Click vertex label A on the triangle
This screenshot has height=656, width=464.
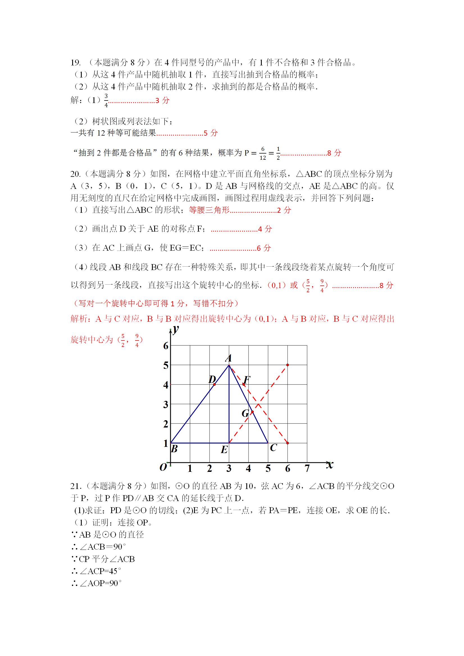(x=228, y=358)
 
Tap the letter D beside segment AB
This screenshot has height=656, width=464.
(x=212, y=380)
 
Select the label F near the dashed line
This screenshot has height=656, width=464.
(x=247, y=380)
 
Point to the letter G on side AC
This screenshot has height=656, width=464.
(x=245, y=413)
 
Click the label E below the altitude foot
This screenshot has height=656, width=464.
(x=224, y=450)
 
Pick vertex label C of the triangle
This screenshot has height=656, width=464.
(x=273, y=447)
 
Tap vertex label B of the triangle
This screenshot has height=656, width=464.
(x=174, y=449)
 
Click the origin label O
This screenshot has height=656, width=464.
(x=163, y=467)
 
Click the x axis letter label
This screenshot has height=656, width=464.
(x=330, y=465)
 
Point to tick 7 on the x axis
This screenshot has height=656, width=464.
(x=307, y=468)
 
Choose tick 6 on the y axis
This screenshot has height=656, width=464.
(x=166, y=346)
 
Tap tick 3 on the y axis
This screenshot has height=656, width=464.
(x=166, y=404)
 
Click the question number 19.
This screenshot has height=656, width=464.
(x=76, y=63)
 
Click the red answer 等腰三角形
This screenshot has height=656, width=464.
(x=209, y=210)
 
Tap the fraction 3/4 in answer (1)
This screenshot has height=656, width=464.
(x=106, y=100)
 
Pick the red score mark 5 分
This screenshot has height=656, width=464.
(x=211, y=133)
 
